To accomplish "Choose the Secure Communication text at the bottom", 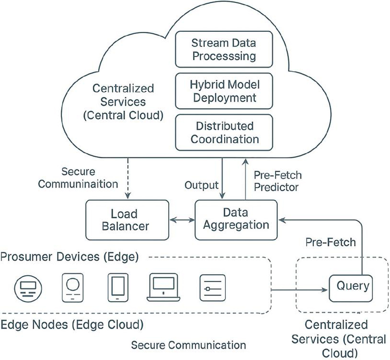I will pyautogui.click(x=189, y=345).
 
